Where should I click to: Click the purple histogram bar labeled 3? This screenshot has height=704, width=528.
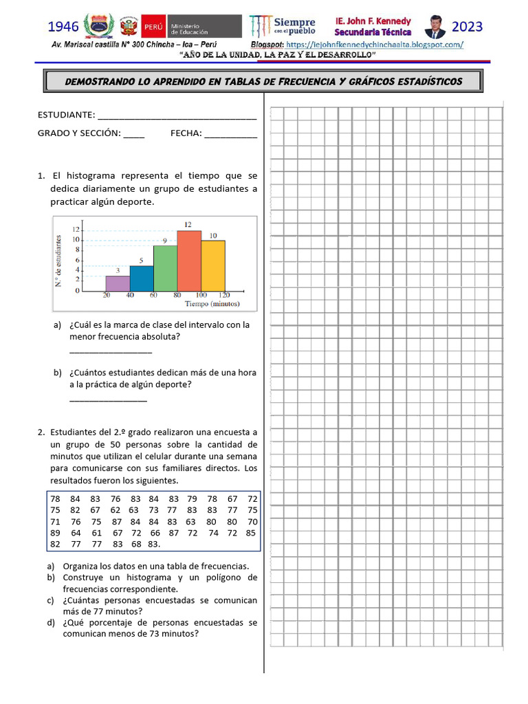pyautogui.click(x=117, y=283)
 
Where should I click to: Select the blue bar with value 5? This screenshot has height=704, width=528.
pyautogui.click(x=142, y=278)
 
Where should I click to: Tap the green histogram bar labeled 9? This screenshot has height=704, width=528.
pyautogui.click(x=165, y=268)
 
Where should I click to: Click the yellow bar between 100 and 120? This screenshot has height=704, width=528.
pyautogui.click(x=213, y=265)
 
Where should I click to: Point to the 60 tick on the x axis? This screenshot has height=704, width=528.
pyautogui.click(x=155, y=296)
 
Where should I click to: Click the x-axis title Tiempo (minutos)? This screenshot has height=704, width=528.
pyautogui.click(x=211, y=303)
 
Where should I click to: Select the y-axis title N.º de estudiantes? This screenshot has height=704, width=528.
pyautogui.click(x=60, y=261)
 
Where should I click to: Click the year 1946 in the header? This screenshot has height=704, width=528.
pyautogui.click(x=63, y=27)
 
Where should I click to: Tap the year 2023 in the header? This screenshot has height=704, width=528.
pyautogui.click(x=467, y=27)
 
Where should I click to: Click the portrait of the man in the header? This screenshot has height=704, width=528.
pyautogui.click(x=434, y=27)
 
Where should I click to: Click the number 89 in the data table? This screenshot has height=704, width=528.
pyautogui.click(x=56, y=533)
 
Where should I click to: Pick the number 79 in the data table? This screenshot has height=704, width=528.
pyautogui.click(x=192, y=498)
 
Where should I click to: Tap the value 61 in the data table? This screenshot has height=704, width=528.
pyautogui.click(x=96, y=533)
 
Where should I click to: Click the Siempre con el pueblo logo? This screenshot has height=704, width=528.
pyautogui.click(x=283, y=26)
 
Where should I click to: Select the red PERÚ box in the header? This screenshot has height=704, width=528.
pyautogui.click(x=152, y=27)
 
